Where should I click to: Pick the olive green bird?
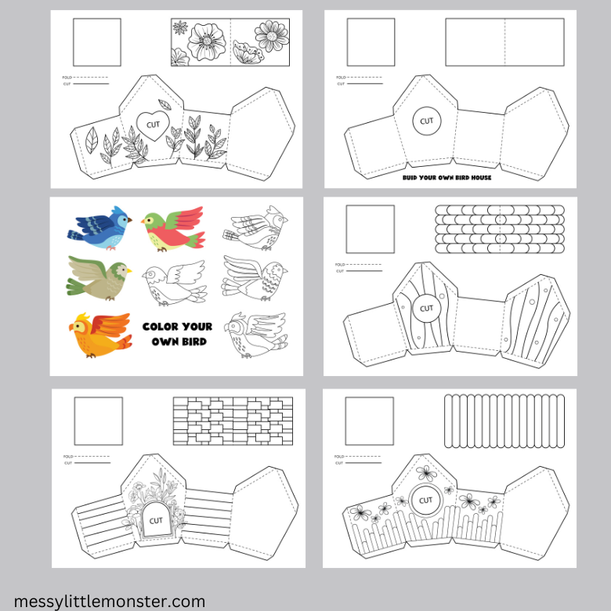[98, 275]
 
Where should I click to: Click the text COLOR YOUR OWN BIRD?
[177, 334]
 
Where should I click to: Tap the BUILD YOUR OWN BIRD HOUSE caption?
[446, 178]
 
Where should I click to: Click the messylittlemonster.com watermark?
[109, 602]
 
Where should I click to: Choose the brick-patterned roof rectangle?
[233, 421]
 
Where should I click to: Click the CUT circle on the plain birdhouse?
[426, 121]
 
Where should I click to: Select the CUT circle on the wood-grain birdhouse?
[426, 308]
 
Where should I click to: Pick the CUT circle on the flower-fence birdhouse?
[425, 500]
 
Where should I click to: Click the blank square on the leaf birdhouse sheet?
[97, 42]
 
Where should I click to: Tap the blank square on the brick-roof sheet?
[98, 421]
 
